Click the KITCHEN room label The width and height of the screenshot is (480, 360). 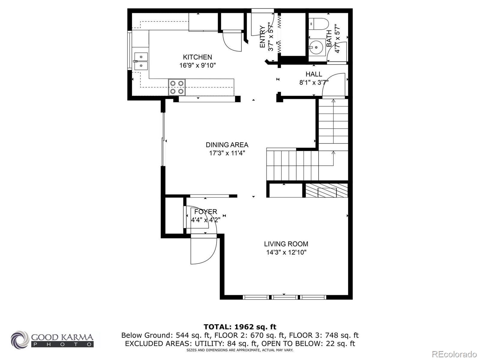click(197, 57)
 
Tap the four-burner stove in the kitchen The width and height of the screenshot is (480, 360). click(177, 87)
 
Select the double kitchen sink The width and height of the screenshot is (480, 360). click(141, 61)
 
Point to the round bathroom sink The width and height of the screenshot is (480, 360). click(316, 47)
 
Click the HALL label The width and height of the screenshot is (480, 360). click(314, 74)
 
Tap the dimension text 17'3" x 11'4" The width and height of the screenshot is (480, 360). click(227, 153)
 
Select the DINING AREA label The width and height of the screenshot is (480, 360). click(227, 145)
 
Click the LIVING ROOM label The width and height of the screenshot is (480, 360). click(286, 244)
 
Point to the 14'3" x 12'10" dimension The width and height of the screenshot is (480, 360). click(286, 252)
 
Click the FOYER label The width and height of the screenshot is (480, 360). click(205, 212)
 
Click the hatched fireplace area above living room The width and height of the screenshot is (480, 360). click(327, 190)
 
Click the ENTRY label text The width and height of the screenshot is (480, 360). click(262, 37)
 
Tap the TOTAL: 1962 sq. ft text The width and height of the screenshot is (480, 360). click(240, 327)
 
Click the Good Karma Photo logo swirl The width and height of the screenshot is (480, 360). click(20, 340)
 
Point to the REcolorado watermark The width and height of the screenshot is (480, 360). click(454, 354)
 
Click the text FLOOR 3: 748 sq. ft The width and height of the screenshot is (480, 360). click(324, 335)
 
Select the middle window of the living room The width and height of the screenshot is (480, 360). click(284, 297)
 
